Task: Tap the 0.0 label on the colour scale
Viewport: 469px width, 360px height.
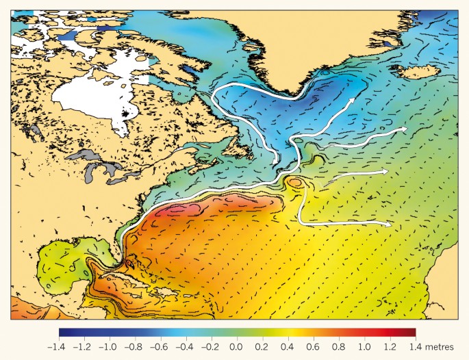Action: point(236,347)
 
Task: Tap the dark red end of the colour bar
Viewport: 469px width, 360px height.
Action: point(412,333)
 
